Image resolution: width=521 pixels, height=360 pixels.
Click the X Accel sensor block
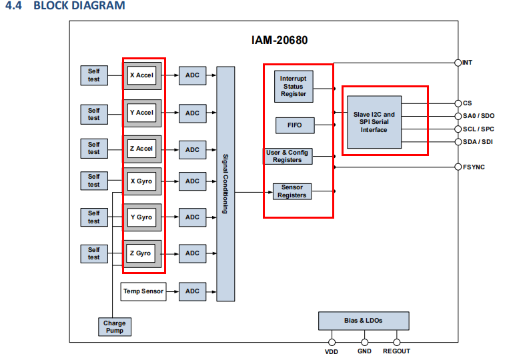tap(141, 76)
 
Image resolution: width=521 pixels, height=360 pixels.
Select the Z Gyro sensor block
tap(141, 253)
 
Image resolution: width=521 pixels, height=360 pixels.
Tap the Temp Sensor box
tap(143, 291)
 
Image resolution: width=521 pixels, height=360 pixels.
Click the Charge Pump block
tap(114, 327)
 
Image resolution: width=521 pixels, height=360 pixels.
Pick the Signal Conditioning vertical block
tap(225, 183)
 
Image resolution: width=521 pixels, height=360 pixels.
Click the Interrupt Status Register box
tap(294, 87)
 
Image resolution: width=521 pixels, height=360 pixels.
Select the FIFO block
tap(294, 125)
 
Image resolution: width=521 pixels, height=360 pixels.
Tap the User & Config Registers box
tap(288, 157)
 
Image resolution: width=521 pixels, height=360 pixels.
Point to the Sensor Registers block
tap(292, 191)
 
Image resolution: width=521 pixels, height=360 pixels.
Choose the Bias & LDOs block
tap(364, 321)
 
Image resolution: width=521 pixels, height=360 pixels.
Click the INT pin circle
tap(458, 63)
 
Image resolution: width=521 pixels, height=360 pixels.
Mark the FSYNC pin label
tap(474, 167)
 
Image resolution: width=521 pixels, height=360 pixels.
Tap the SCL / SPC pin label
tap(479, 129)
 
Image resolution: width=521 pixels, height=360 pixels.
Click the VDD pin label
tap(332, 351)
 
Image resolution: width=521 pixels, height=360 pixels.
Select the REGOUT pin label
tap(396, 351)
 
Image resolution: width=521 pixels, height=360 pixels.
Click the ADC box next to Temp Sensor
tap(192, 291)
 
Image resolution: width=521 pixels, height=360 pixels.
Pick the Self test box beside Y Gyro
tap(93, 217)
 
